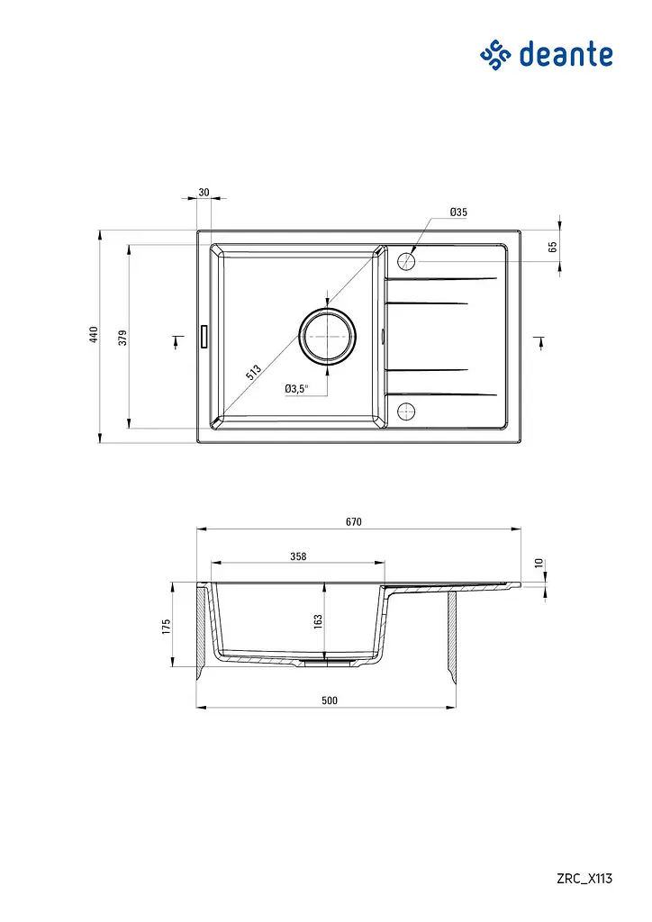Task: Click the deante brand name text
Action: pos(566,54)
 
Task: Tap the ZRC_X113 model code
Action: pos(584,879)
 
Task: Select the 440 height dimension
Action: pos(94,335)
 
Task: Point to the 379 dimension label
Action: pos(122,338)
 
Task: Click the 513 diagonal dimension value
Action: pos(253,372)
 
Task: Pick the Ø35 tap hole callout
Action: pos(458,212)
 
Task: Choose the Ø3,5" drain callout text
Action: pos(296,389)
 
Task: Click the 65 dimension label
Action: pos(553,247)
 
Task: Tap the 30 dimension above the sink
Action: pos(204,193)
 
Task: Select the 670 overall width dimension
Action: pos(353,521)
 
